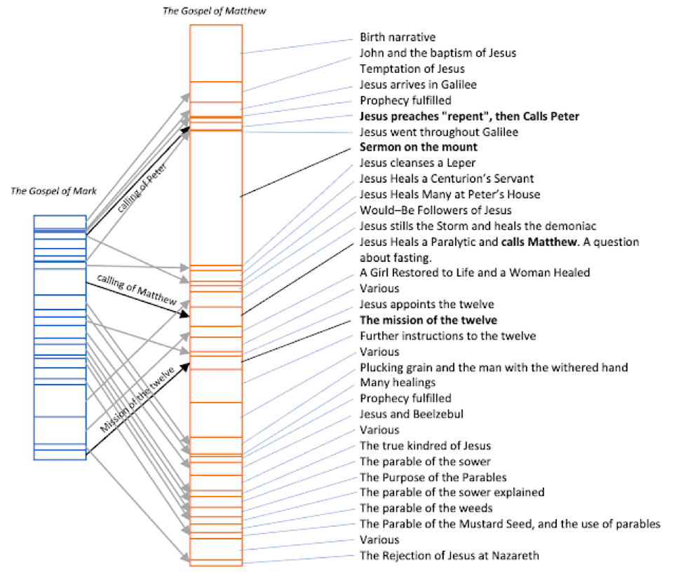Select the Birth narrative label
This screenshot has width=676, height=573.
(397, 37)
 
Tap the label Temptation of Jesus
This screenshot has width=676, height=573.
(412, 69)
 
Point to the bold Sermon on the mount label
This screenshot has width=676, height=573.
(419, 147)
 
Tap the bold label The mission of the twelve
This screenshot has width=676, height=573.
(428, 320)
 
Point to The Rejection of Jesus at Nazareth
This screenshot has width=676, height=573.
(449, 555)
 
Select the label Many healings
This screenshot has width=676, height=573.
(398, 382)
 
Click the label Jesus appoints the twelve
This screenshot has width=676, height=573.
(427, 305)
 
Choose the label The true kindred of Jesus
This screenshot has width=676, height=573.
(425, 446)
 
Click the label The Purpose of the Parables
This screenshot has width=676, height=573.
(433, 477)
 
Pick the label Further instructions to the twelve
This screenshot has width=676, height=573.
(448, 336)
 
